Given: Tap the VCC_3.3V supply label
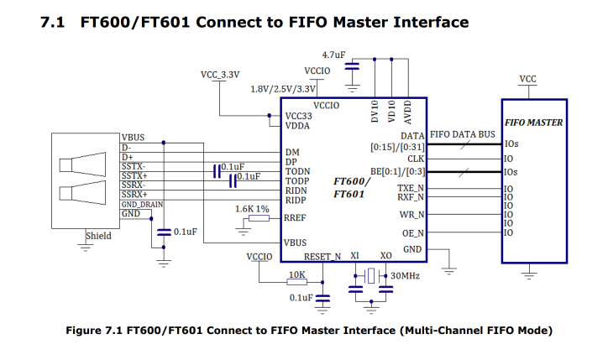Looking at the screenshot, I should pos(219,75).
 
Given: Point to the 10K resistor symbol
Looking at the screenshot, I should pos(296,283).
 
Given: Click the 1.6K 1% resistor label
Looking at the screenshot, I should pos(252,208).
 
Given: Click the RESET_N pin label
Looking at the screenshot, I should pos(322,256).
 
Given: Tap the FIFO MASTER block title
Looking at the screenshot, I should pos(533,123).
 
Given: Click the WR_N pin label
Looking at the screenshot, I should pos(411,215).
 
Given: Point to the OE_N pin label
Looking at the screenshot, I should pos(412,232).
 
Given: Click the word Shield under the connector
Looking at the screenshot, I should pos(98,236).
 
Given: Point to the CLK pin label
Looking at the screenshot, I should pos(415,158).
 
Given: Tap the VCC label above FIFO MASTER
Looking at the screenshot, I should pos(528,79).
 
